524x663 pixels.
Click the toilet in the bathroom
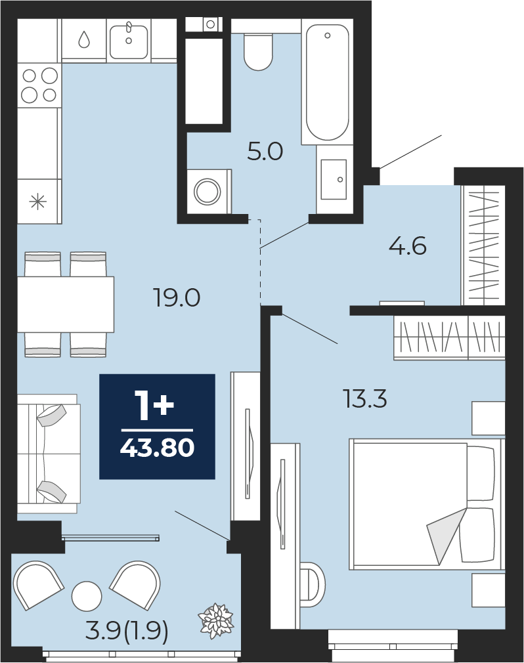(258, 52)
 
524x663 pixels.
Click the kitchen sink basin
(129, 41)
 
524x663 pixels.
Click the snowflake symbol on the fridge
(37, 202)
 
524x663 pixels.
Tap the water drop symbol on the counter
(84, 39)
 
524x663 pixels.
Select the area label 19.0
(177, 298)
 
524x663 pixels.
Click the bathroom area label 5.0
(265, 152)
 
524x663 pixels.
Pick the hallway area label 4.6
(408, 246)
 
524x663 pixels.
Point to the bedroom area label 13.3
(365, 399)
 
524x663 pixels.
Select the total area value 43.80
(158, 448)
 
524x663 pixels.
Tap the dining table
(66, 305)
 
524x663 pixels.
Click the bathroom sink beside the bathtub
(334, 179)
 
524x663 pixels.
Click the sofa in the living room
(49, 454)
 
